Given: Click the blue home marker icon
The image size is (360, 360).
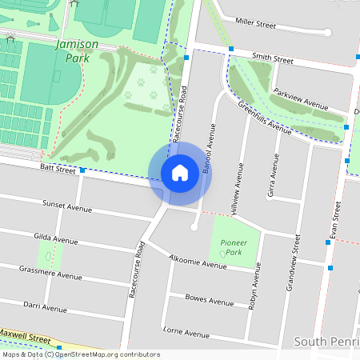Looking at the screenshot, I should point(180,173).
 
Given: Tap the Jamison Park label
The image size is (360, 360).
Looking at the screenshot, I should point(77,51).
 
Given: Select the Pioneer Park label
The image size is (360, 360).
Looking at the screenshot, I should point(233,246).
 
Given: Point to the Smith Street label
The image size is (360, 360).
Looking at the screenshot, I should point(273,58).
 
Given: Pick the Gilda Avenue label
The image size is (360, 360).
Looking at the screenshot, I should point(56,238).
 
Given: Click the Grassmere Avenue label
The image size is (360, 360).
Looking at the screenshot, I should point(50,273).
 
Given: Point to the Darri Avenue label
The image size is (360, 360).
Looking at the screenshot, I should point(45,307).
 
